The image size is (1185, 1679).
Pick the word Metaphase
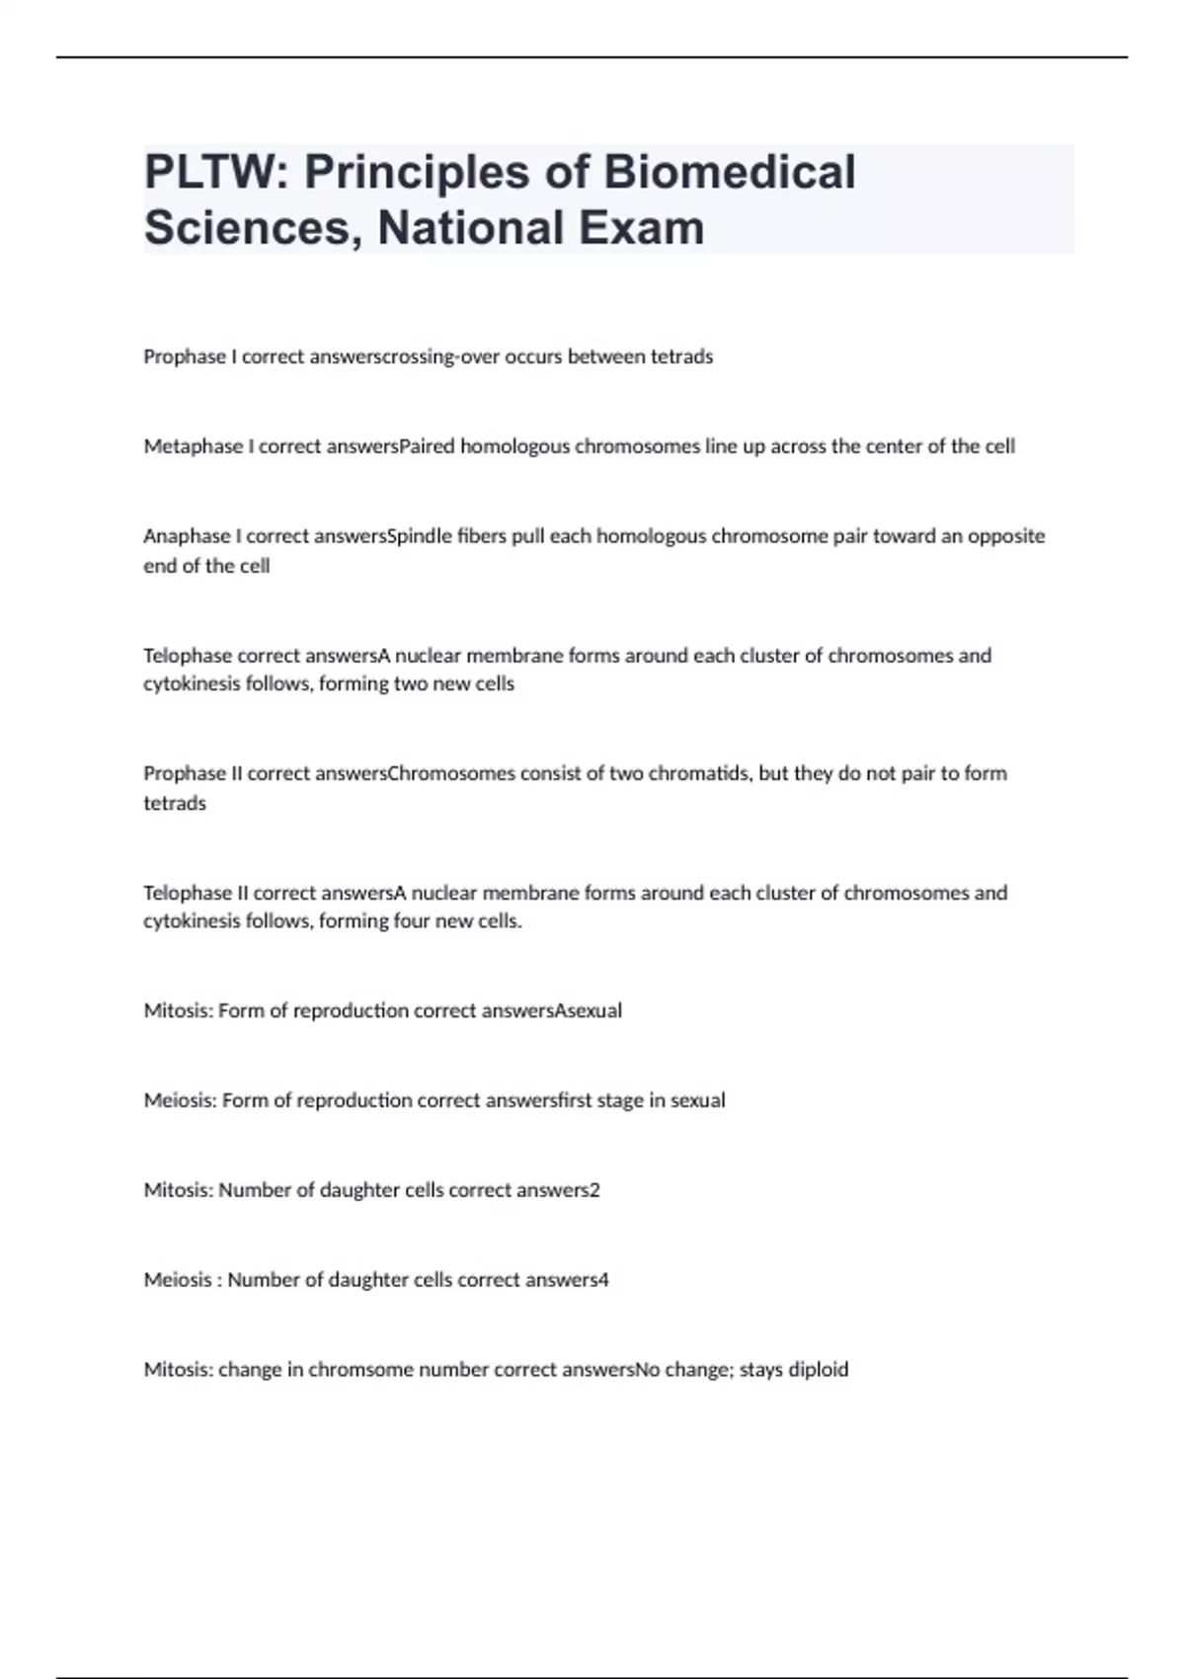pos(193,446)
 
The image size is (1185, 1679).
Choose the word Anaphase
pos(187,536)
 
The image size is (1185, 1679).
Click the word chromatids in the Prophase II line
pos(700,773)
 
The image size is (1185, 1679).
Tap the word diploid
pos(818,1370)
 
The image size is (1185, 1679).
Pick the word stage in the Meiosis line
pos(619,1100)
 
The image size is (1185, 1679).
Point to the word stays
pos(760,1370)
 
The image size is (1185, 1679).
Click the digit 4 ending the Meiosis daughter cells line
pos(603,1280)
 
